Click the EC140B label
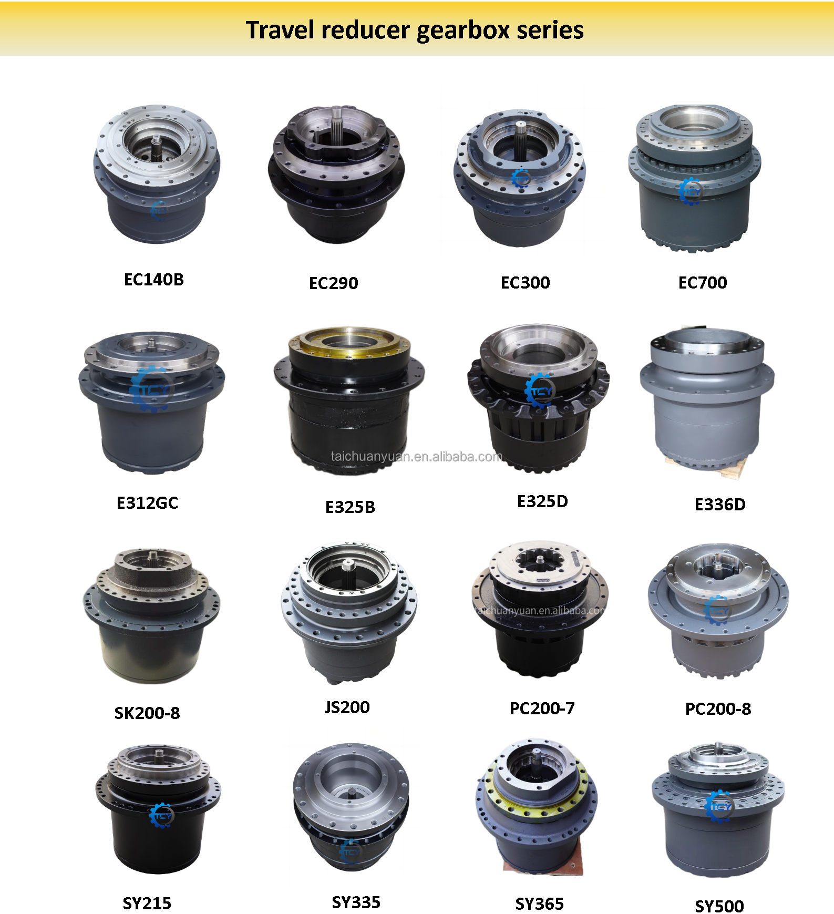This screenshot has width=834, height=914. click(153, 280)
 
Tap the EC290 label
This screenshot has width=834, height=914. click(333, 283)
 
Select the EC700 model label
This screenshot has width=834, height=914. click(703, 283)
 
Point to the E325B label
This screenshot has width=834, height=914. click(350, 507)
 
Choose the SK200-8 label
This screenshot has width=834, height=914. click(147, 713)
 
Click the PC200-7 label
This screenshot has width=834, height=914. click(542, 708)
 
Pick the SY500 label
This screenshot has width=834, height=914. click(719, 906)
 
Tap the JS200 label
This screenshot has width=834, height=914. click(347, 707)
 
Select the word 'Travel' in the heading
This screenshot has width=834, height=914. click(281, 30)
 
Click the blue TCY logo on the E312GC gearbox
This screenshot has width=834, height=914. click(151, 389)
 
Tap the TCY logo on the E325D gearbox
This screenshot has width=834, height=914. click(540, 391)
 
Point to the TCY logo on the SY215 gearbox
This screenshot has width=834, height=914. click(161, 815)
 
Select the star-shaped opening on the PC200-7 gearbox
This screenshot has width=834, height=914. click(541, 561)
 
